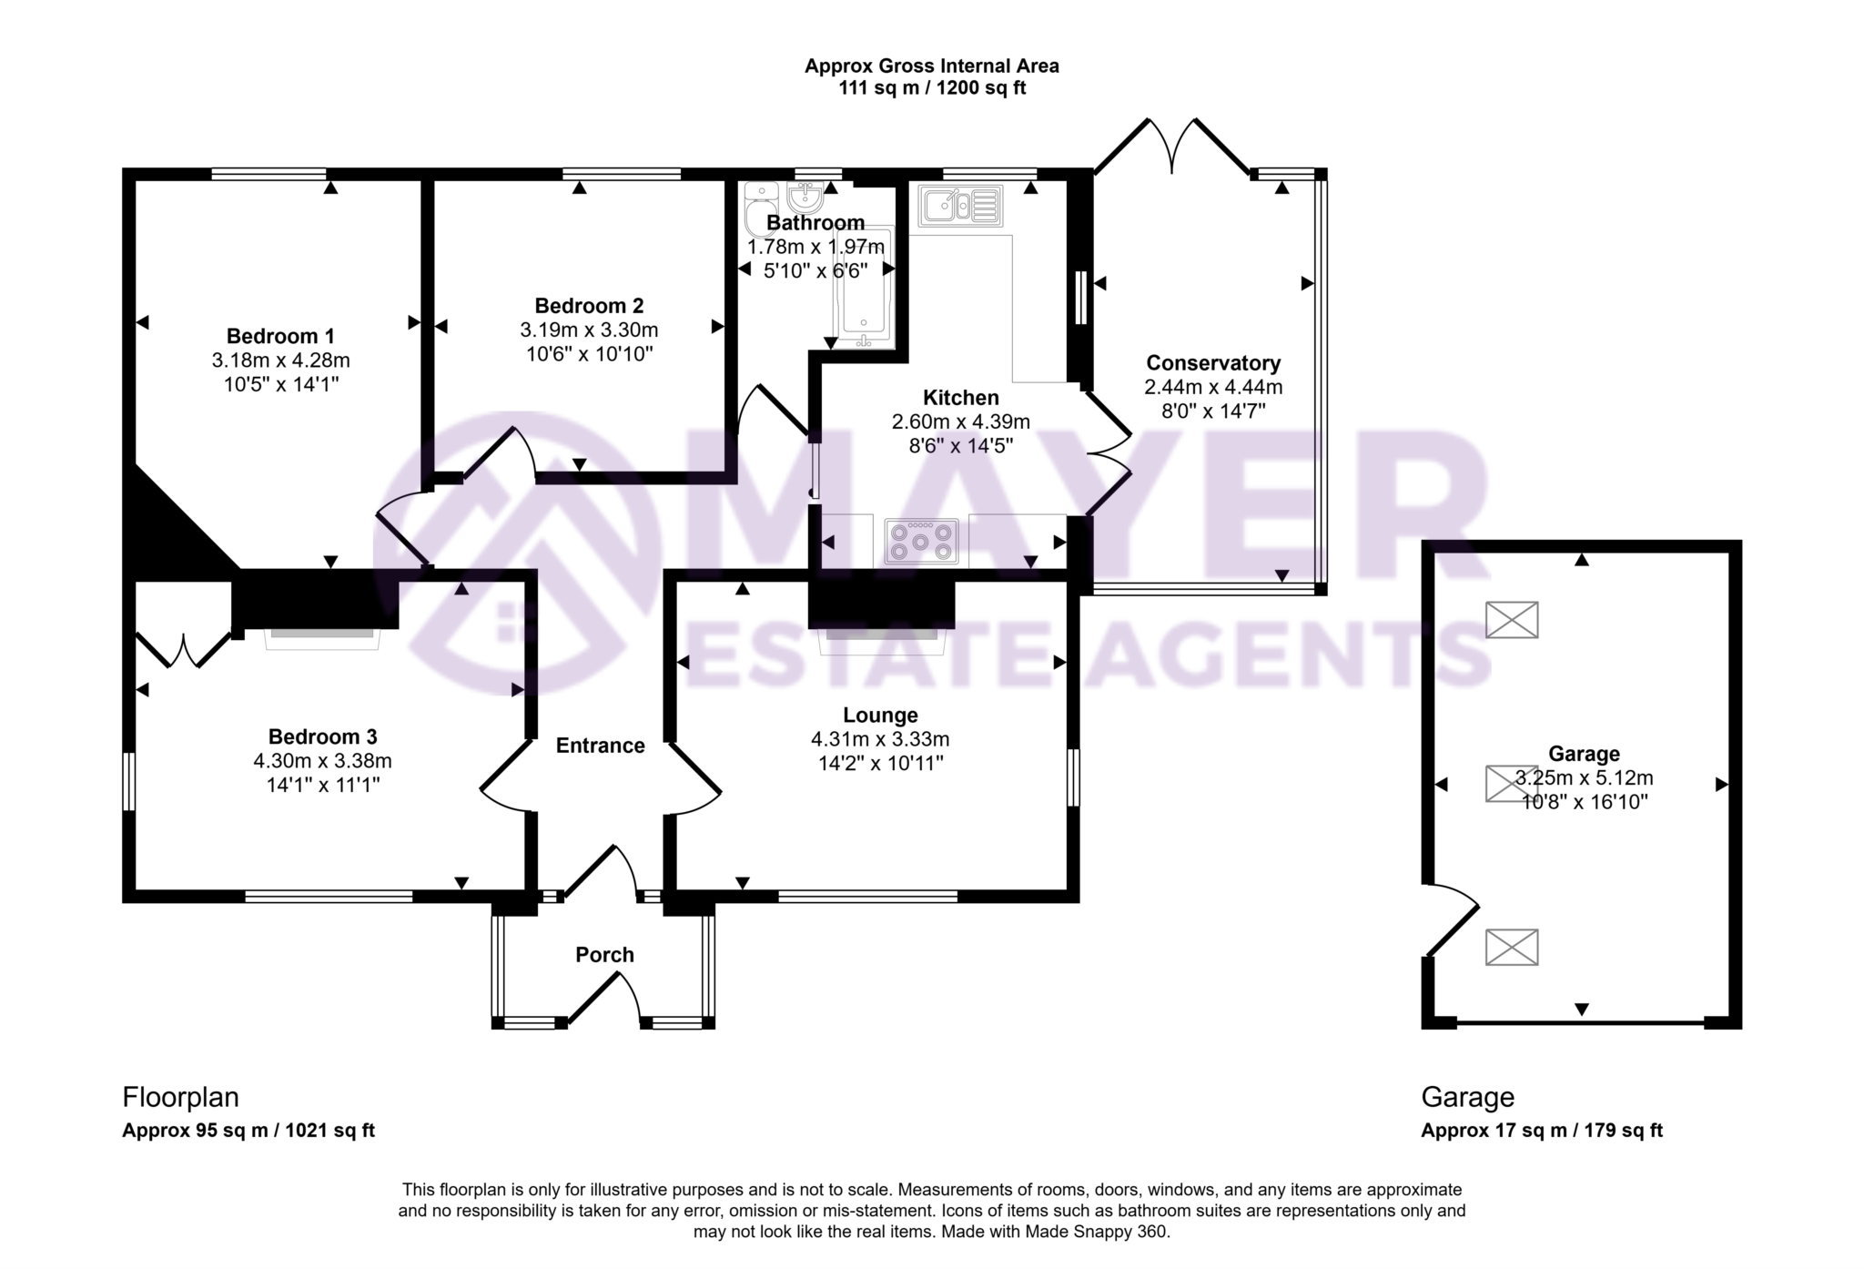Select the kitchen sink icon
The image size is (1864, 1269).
959,205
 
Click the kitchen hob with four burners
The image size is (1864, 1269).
921,542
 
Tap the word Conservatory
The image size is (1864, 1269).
1212,363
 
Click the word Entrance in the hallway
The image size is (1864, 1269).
600,746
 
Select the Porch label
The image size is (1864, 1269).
604,955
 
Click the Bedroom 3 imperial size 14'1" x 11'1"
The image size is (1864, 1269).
322,785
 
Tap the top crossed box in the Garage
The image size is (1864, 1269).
1511,620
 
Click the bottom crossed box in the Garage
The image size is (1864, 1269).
1511,947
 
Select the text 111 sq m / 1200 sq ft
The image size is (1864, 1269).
931,89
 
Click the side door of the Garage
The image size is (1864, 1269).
1452,919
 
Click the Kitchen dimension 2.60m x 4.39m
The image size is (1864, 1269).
960,421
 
